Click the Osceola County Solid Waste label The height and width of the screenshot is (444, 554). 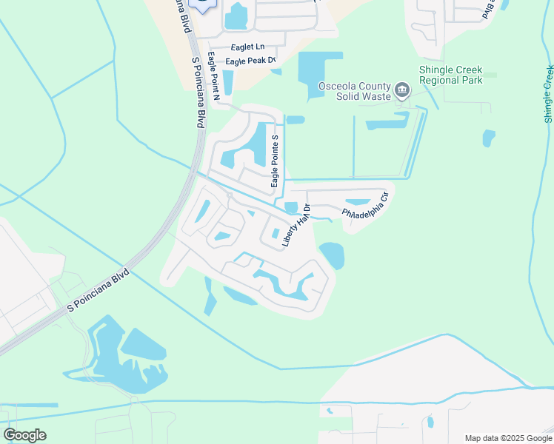coord(354,91)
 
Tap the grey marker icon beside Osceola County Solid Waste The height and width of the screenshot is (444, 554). coord(402,91)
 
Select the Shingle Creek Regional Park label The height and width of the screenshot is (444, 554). coord(451,75)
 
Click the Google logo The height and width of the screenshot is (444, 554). coord(24,435)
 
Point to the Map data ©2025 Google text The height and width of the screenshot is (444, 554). coord(508,437)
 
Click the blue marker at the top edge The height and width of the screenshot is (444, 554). coord(202,4)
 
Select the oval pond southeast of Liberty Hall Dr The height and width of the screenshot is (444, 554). coord(332,255)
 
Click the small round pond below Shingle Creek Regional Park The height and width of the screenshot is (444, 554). coord(488,138)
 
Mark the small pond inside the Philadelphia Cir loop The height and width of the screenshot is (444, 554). coord(358,202)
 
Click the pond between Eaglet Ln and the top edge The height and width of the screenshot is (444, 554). coord(236,16)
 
